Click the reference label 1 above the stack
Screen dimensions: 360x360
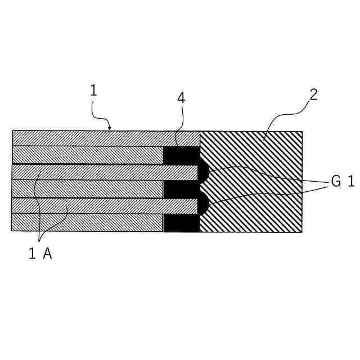point(93,90)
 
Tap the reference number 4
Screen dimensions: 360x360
point(181,98)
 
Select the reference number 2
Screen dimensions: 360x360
point(313,94)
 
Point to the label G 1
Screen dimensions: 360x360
point(342,182)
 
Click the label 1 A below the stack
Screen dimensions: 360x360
point(40,254)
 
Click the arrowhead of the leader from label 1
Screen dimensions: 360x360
point(110,129)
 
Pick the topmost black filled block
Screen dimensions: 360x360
point(181,155)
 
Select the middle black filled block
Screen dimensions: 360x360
point(181,190)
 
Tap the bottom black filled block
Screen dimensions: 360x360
point(181,223)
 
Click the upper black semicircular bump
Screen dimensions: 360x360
point(204,172)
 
